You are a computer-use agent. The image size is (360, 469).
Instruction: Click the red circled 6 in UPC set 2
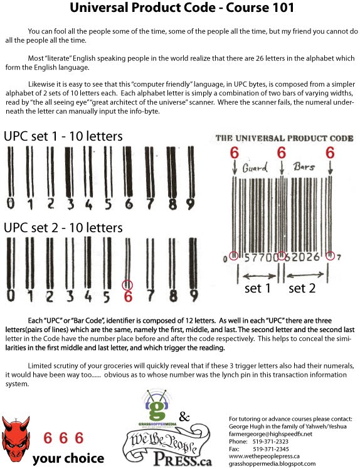[x=129, y=294]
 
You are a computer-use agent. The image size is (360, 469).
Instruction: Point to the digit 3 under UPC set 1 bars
[x=70, y=203]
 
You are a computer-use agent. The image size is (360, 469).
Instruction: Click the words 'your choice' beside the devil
[x=68, y=458]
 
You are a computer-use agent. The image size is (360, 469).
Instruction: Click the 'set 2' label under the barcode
[x=302, y=288]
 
